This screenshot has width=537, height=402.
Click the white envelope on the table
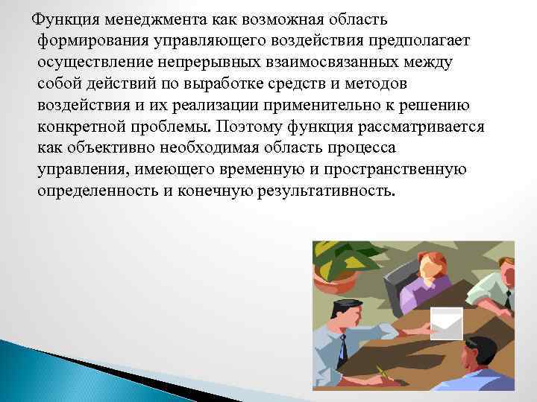[x=447, y=323]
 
